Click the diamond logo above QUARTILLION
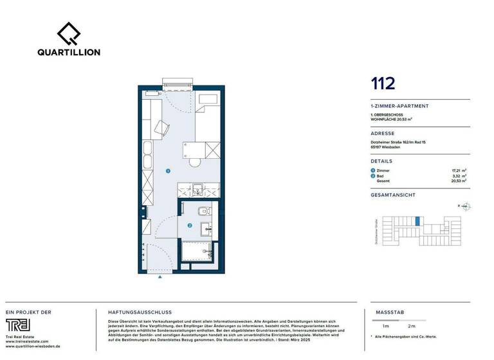pyautogui.click(x=69, y=33)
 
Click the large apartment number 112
pyautogui.click(x=383, y=83)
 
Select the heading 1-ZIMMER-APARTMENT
pyautogui.click(x=399, y=106)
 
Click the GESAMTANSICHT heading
pyautogui.click(x=393, y=195)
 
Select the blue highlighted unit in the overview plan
pyautogui.click(x=417, y=221)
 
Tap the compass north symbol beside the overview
pyautogui.click(x=466, y=206)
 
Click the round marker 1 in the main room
pyautogui.click(x=167, y=171)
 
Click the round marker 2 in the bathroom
pyautogui.click(x=190, y=226)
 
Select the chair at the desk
pyautogui.click(x=159, y=127)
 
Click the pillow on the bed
pyautogui.click(x=207, y=100)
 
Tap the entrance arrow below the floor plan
pyautogui.click(x=160, y=277)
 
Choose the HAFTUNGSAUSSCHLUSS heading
pyautogui.click(x=133, y=312)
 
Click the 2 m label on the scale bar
pyautogui.click(x=412, y=327)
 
